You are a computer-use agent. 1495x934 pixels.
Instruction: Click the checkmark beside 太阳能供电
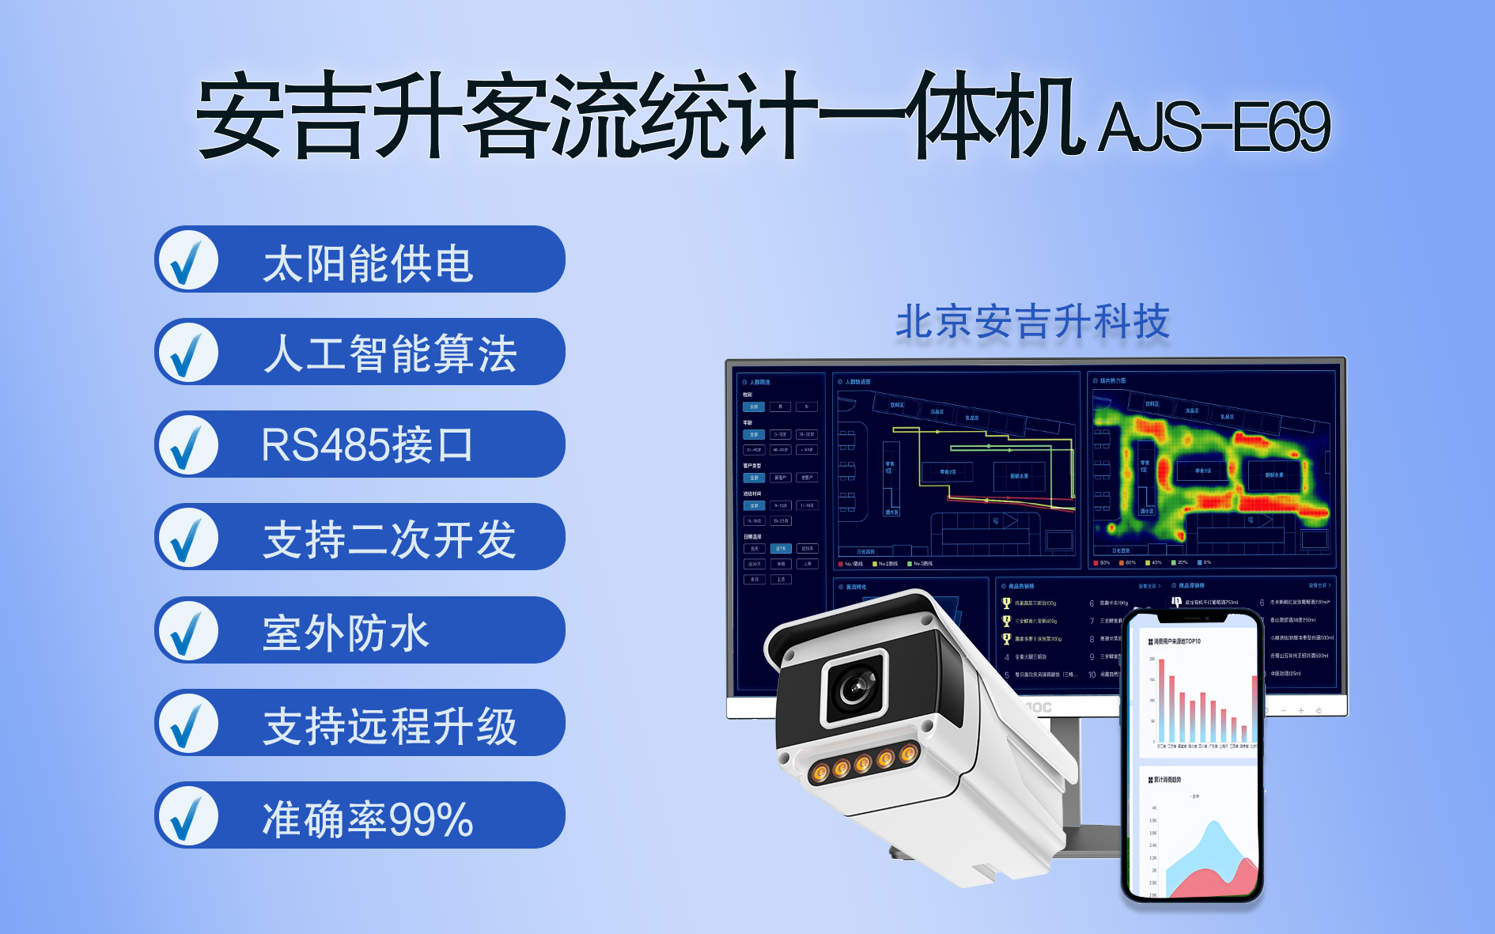coord(187,260)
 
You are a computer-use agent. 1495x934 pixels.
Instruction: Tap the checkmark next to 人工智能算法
coord(187,353)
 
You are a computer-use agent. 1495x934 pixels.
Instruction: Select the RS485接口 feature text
coord(367,444)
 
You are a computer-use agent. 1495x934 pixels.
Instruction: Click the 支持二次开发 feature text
coord(389,539)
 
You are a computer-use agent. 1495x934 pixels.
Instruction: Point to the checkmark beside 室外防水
coord(187,631)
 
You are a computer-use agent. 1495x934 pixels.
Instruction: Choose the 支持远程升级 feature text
coord(389,724)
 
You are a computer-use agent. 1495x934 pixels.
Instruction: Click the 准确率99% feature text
coord(367,818)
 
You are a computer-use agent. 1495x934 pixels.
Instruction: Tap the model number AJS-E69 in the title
coord(1214,127)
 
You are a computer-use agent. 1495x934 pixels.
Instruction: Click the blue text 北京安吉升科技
coord(1032,321)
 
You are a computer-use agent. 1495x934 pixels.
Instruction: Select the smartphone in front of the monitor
coord(1193,755)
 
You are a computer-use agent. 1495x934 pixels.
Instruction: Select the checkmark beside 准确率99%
coord(187,817)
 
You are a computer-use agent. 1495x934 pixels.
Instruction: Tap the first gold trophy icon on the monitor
coord(1006,603)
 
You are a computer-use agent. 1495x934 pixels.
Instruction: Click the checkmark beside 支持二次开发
coord(187,539)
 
